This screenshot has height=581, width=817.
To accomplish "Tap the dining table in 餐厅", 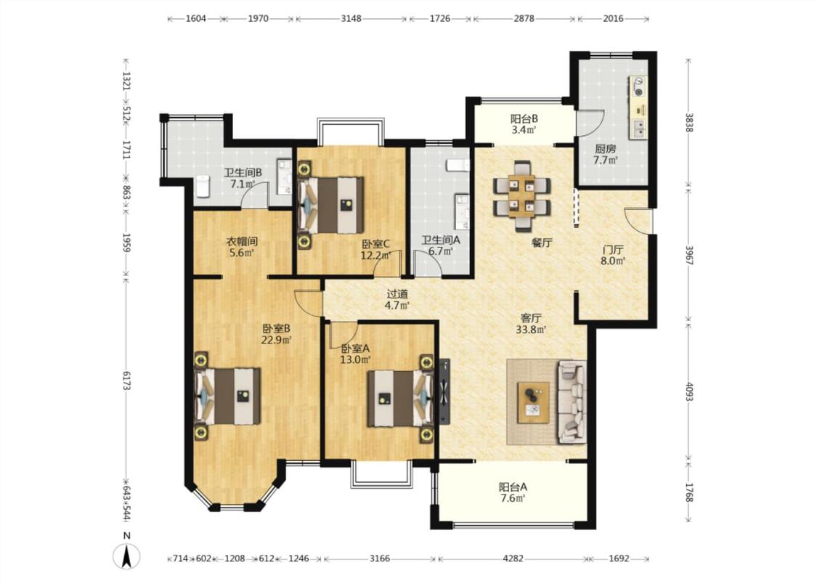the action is pyautogui.click(x=522, y=196).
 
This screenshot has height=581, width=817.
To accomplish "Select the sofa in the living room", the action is pyautogui.click(x=572, y=401).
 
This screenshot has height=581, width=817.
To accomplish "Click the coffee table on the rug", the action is pyautogui.click(x=533, y=402).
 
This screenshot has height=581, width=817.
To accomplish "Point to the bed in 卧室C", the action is pyautogui.click(x=331, y=205).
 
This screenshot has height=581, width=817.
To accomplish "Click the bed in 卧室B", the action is pyautogui.click(x=227, y=396).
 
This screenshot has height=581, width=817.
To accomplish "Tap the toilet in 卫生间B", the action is pyautogui.click(x=202, y=187).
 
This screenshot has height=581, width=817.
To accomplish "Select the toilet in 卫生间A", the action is pyautogui.click(x=458, y=165).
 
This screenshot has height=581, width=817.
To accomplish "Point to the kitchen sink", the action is pyautogui.click(x=638, y=129).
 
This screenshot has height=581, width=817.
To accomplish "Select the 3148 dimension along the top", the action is pyautogui.click(x=351, y=19).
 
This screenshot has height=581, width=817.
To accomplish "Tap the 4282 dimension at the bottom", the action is pyautogui.click(x=513, y=558).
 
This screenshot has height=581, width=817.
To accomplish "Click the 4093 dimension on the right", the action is pyautogui.click(x=689, y=392).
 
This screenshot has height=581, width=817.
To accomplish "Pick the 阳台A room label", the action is pyautogui.click(x=513, y=487).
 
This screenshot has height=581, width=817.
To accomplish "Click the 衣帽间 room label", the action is pyautogui.click(x=242, y=241).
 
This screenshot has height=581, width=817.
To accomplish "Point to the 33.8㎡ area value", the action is pyautogui.click(x=531, y=329).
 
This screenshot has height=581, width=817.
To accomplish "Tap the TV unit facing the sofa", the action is pyautogui.click(x=444, y=391).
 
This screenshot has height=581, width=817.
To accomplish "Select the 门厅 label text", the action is pyautogui.click(x=613, y=250).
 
